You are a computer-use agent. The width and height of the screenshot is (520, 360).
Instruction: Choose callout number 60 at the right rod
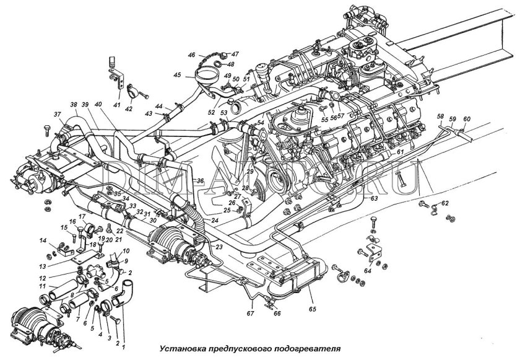tap(467, 118)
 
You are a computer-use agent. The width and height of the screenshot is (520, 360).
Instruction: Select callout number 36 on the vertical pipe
tap(199, 180)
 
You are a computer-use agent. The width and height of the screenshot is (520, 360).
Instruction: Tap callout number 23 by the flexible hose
tap(219, 246)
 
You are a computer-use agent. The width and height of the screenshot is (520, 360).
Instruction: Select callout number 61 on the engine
tap(401, 152)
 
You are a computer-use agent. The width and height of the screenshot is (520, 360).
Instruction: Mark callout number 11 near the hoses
tap(43, 286)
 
